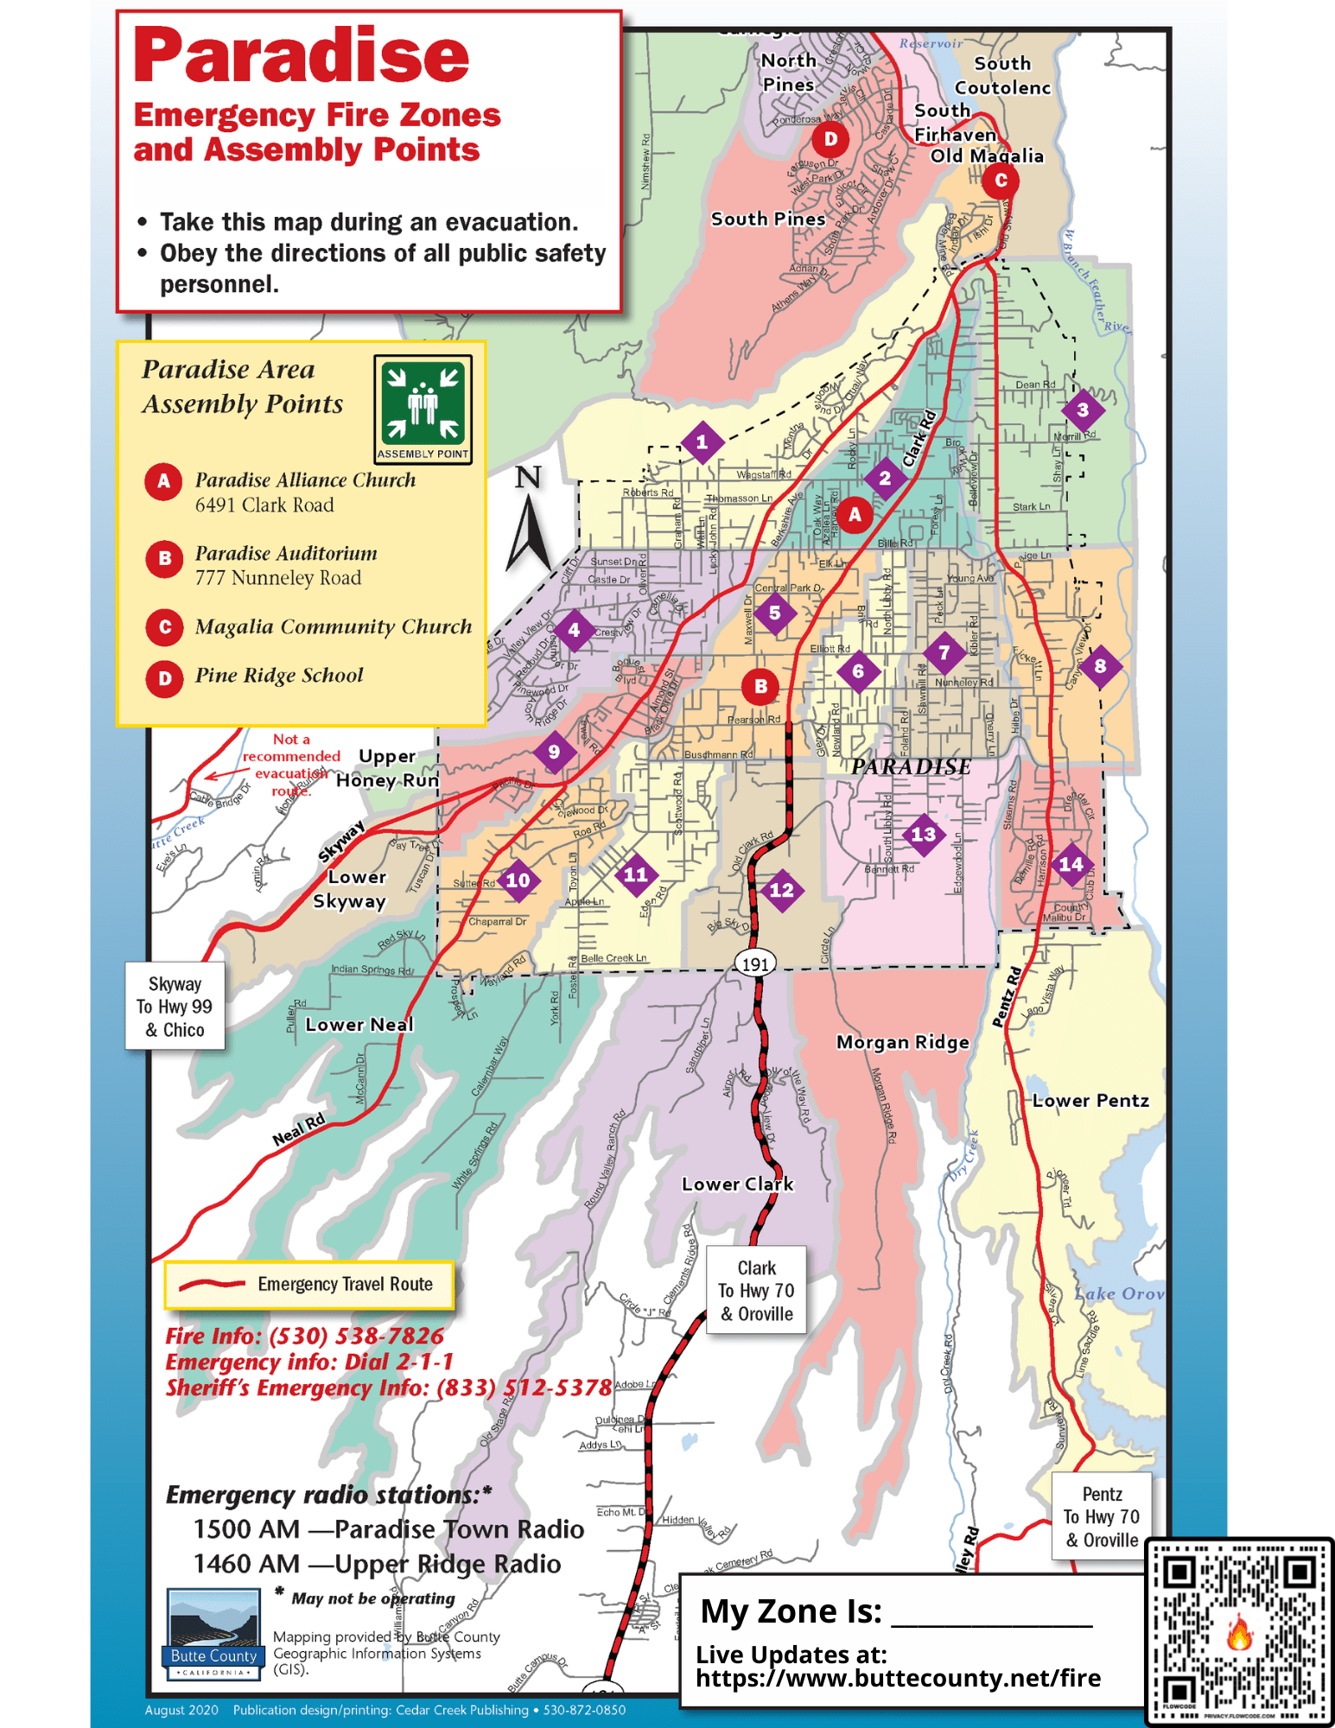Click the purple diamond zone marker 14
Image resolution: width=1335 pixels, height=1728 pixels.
coord(1071,864)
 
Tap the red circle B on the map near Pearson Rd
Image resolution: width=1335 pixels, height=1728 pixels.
coord(760,687)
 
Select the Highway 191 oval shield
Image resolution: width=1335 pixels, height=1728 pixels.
coord(755,963)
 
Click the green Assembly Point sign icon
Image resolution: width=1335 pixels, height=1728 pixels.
coord(423,410)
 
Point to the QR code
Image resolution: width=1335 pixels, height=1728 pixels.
coord(1239,1631)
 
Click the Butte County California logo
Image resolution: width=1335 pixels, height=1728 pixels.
coord(213,1634)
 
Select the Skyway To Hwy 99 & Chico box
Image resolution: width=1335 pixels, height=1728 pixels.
coord(175,1007)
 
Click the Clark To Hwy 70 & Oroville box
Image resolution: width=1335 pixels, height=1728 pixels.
coord(756,1291)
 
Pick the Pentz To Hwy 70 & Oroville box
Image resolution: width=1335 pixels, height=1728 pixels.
coord(1102,1517)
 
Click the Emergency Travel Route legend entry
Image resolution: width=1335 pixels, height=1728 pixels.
coord(308,1285)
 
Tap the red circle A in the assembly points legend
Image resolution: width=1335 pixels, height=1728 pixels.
coord(163,482)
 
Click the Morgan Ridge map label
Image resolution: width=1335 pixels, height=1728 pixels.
coord(902,1043)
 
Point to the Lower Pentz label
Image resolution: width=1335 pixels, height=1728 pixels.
coord(1090,1101)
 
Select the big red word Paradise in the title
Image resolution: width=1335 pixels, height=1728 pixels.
coord(301,56)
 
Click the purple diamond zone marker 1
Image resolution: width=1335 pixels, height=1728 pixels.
coord(702,442)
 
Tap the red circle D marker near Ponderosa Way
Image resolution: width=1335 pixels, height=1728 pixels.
coord(830,138)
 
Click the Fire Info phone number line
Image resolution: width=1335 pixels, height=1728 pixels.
coord(305,1336)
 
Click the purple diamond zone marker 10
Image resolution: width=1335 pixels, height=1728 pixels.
coord(518,880)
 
